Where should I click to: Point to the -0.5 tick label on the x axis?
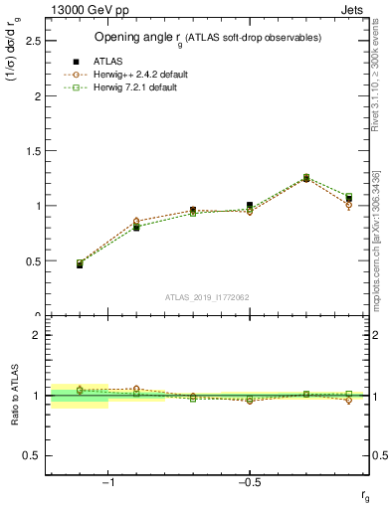click(249, 484)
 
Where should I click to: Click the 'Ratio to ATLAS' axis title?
click(13, 396)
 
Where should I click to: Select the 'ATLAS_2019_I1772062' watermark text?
click(207, 296)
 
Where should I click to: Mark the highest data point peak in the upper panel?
click(306, 178)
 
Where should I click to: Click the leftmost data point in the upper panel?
click(80, 264)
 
